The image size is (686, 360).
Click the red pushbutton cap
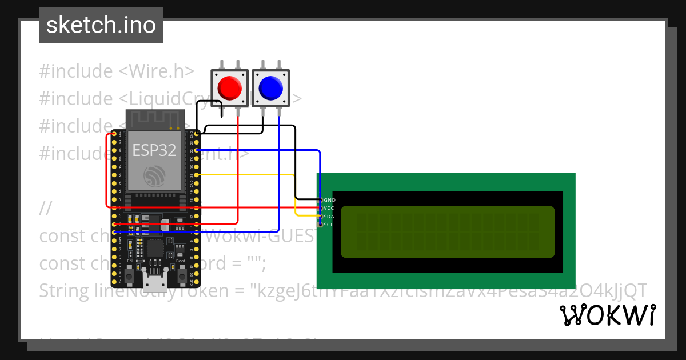coord(229,87)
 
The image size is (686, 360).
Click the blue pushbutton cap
coord(270,87)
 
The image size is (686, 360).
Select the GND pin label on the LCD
coord(329,200)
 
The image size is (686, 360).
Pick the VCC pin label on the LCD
coord(329,208)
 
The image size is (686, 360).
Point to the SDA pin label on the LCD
coord(329,217)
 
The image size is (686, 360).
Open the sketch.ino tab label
coord(101,25)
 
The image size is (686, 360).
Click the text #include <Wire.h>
coord(117,71)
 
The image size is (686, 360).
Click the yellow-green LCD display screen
coord(447,231)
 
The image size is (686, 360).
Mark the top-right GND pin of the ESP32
coord(197,134)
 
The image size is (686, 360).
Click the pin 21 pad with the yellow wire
coord(197,174)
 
